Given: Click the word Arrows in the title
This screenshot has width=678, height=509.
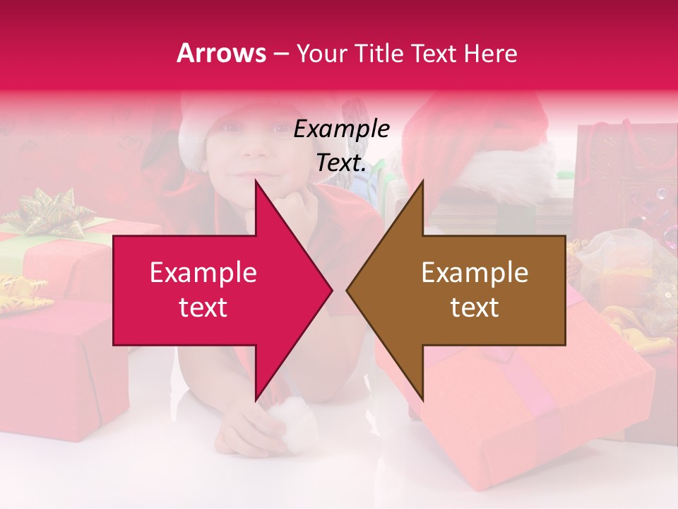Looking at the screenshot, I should [221, 53].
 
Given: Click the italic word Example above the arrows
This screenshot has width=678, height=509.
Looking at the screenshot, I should [341, 129].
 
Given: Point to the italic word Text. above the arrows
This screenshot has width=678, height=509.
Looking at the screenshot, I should [341, 163].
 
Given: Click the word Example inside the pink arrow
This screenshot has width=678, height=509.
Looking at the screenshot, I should [203, 273].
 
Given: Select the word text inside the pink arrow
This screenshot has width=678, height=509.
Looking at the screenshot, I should [203, 308].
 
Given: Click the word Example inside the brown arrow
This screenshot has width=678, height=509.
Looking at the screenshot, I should [475, 273].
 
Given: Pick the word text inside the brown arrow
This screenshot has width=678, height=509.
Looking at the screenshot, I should [475, 308].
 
